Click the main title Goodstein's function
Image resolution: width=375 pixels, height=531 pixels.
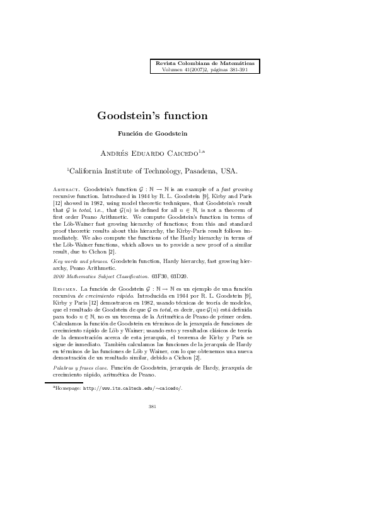tap(152, 115)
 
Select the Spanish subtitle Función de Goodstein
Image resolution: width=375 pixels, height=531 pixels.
tap(153, 133)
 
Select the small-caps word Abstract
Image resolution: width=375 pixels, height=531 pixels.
tap(64, 189)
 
